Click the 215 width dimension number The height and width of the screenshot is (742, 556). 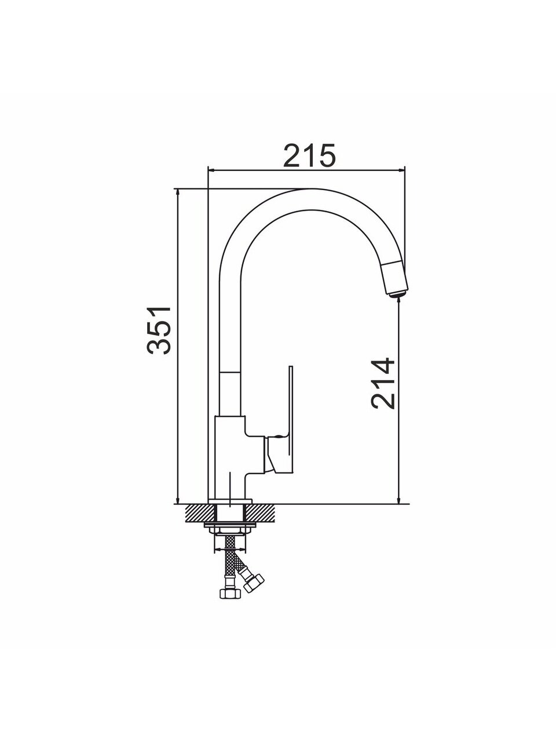pos(310,155)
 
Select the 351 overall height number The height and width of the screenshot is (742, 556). pos(159,330)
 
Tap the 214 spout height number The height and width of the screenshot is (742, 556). pos(382,383)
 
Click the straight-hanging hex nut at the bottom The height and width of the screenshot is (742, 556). pos(230,593)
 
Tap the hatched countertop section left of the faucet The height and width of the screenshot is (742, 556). pos(200,522)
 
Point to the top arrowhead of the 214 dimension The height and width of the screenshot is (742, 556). pos(399,302)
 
